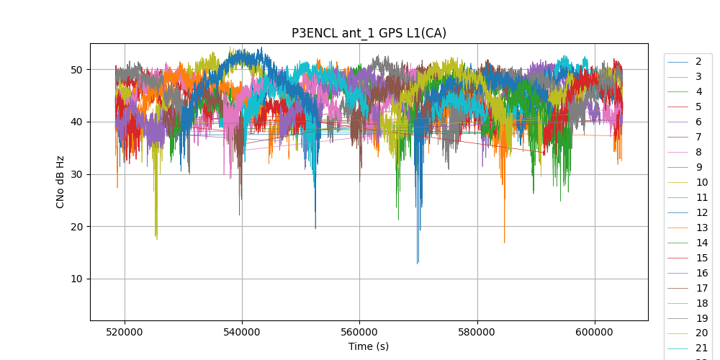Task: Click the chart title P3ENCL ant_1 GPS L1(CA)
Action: [x=369, y=33]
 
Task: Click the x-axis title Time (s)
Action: [x=369, y=346]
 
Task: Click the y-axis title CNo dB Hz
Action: [x=60, y=181]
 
